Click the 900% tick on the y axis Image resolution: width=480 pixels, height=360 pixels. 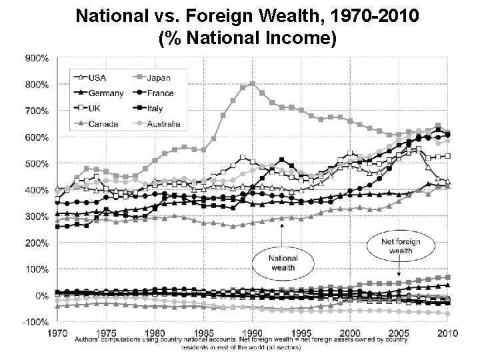click(x=37, y=59)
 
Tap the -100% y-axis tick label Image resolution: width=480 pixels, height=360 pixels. click(x=36, y=322)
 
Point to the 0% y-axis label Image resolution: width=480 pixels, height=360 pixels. click(x=41, y=295)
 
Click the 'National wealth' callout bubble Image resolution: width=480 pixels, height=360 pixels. click(x=283, y=259)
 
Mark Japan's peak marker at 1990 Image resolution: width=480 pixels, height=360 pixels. click(x=252, y=84)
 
